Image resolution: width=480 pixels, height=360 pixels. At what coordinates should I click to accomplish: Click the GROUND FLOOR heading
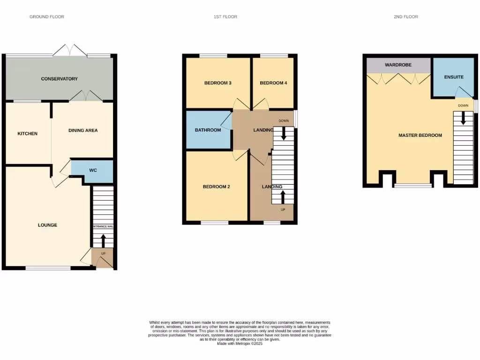click(x=47, y=17)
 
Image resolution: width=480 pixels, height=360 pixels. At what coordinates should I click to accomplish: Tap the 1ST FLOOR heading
click(x=225, y=17)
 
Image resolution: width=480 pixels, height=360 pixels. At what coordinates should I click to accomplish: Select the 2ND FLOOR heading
click(x=406, y=17)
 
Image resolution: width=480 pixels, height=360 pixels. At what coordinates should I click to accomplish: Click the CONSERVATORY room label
click(x=59, y=79)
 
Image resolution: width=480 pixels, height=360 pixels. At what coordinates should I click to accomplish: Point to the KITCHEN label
click(x=27, y=134)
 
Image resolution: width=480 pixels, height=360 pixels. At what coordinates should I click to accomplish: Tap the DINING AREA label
click(x=83, y=130)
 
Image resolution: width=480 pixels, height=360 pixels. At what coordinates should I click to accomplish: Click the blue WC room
click(x=93, y=171)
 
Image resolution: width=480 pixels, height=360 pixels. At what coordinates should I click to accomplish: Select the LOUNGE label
click(x=47, y=225)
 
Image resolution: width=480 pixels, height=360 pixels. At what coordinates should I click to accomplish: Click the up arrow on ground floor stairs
click(x=103, y=240)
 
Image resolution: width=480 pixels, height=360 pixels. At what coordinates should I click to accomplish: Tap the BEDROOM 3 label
click(x=217, y=83)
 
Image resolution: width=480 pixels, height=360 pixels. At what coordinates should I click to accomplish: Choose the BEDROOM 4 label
click(x=273, y=83)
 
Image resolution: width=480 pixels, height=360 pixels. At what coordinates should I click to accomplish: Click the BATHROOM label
click(x=208, y=130)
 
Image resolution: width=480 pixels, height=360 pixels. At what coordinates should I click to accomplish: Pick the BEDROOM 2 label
click(x=216, y=187)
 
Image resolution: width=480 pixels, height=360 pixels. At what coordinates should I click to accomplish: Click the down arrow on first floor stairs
click(x=283, y=135)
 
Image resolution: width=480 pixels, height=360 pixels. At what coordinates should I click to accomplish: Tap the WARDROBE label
click(x=398, y=65)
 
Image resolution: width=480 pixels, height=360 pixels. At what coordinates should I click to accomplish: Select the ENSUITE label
click(x=454, y=77)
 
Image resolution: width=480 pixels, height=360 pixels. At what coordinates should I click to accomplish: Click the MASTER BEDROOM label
click(x=420, y=135)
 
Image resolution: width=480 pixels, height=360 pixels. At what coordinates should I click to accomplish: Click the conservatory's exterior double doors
click(x=69, y=50)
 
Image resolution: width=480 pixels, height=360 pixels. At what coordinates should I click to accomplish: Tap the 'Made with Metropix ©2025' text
click(x=240, y=344)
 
